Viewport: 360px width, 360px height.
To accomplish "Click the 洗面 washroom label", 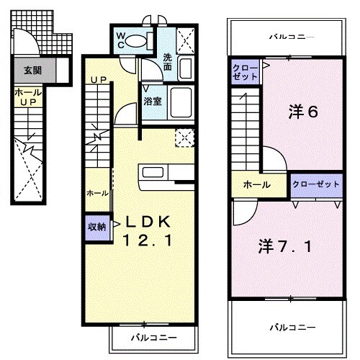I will (168, 62).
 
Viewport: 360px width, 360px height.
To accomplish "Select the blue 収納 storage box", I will (96, 226).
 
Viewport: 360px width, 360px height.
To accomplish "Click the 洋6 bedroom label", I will (303, 112).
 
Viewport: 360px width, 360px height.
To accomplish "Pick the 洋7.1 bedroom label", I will (286, 246).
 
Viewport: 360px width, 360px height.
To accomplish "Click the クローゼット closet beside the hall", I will (316, 184).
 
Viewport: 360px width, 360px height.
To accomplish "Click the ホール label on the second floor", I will (257, 185).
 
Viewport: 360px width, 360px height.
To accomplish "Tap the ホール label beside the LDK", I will (98, 193).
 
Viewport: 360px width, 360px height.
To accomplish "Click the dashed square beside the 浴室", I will (184, 137).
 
